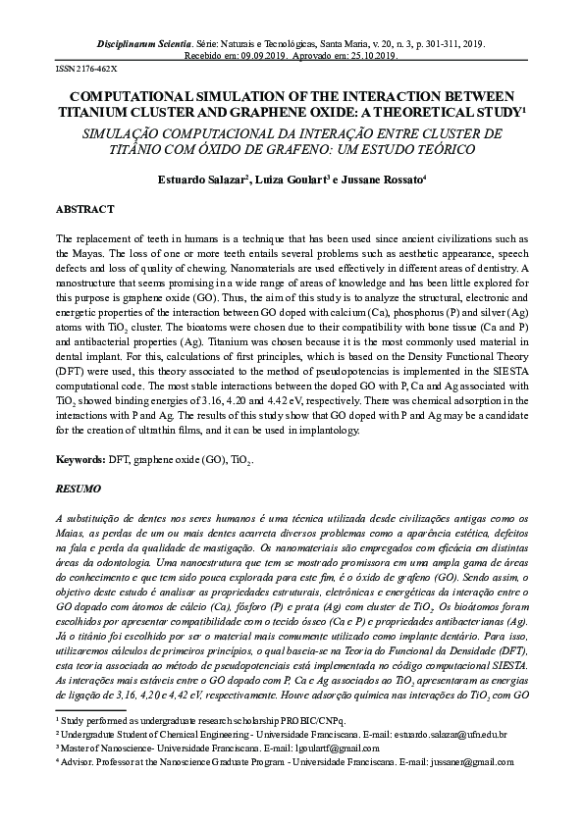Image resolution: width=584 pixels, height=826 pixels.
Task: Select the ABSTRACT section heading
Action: [85, 210]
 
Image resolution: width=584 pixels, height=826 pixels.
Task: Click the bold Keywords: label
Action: [80, 459]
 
